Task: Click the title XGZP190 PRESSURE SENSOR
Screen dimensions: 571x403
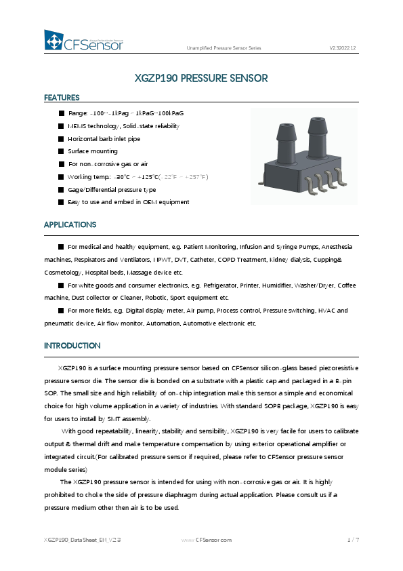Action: tap(201, 78)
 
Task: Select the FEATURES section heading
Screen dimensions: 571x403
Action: tap(62, 98)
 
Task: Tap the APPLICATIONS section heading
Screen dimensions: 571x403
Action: tap(70, 224)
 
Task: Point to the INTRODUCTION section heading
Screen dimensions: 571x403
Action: tap(72, 346)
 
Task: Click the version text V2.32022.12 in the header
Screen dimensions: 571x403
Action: tap(343, 48)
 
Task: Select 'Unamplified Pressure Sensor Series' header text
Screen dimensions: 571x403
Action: tap(224, 48)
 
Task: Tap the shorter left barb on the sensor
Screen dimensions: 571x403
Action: tap(285, 140)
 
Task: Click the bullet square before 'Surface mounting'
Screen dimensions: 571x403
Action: tap(61, 151)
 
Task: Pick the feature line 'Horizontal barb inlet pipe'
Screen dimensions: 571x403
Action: tap(104, 139)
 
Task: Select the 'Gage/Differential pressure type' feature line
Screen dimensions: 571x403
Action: tap(112, 190)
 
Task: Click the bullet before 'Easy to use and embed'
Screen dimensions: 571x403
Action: tap(61, 202)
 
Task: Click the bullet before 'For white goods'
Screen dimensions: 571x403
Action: tap(61, 285)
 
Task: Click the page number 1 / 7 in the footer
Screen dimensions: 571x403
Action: tap(353, 540)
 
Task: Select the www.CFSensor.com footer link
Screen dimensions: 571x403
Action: tap(207, 540)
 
